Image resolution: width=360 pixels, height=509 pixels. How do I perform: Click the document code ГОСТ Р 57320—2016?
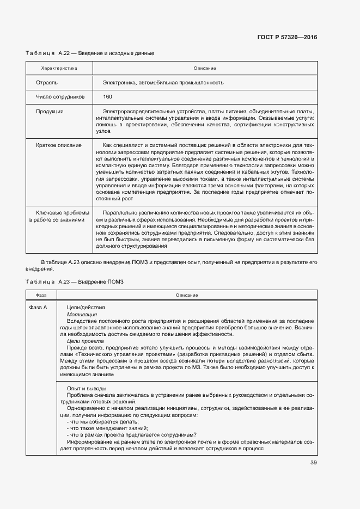pyautogui.click(x=286, y=38)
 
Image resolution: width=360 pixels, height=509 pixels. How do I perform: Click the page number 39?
pyautogui.click(x=313, y=463)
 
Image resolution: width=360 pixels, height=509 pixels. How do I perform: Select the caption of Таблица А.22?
pyautogui.click(x=90, y=53)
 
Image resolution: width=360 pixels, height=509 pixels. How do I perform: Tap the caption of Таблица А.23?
pyautogui.click(x=75, y=281)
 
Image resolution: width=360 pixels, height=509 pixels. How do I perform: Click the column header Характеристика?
pyautogui.click(x=59, y=68)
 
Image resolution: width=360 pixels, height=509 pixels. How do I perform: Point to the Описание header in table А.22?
pyautogui.click(x=205, y=68)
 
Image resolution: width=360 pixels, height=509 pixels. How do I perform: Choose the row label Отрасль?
pyautogui.click(x=47, y=83)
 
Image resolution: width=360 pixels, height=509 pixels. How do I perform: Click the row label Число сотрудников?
pyautogui.click(x=60, y=97)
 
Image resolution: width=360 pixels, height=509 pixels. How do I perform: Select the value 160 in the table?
pyautogui.click(x=107, y=97)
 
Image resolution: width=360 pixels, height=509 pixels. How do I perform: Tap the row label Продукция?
pyautogui.click(x=50, y=111)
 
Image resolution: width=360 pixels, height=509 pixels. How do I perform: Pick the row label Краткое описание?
pyautogui.click(x=59, y=145)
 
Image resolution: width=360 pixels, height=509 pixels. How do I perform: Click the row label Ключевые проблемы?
pyautogui.click(x=59, y=213)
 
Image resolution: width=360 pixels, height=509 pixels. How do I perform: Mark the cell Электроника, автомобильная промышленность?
pyautogui.click(x=163, y=83)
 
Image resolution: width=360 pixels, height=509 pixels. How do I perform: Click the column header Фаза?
pyautogui.click(x=41, y=295)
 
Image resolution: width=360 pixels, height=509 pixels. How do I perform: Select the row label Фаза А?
pyautogui.click(x=38, y=308)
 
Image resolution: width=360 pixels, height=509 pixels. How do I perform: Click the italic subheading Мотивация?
pyautogui.click(x=82, y=314)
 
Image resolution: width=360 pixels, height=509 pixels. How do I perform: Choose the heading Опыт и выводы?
pyautogui.click(x=87, y=388)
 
